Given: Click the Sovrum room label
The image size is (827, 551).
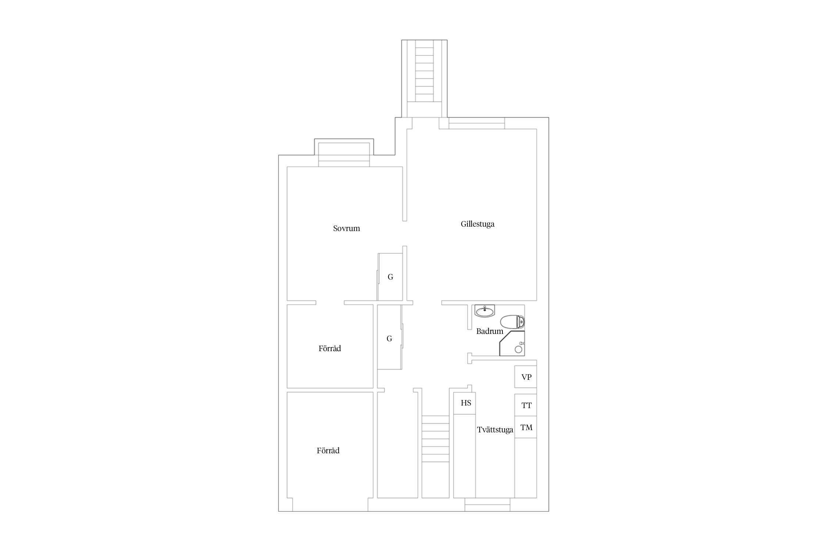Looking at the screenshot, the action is [346, 228].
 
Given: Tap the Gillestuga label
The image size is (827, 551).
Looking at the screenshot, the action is [477, 224].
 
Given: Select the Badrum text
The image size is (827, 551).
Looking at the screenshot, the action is [490, 331].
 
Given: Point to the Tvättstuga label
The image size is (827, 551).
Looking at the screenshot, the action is [495, 430].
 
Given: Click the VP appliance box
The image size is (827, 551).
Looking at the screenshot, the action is [526, 377].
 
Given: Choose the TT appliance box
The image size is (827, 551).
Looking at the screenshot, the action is [526, 405].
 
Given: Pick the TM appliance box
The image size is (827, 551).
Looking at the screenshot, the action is [526, 427].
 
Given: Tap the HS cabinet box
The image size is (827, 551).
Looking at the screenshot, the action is [465, 403].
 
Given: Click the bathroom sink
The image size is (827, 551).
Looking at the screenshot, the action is [484, 311].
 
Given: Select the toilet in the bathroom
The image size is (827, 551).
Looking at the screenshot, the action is [512, 322].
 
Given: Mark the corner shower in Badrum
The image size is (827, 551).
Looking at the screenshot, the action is [512, 343].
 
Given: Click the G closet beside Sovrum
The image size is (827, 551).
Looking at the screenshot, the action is [390, 277].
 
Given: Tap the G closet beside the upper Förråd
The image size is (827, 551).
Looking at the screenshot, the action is [390, 337].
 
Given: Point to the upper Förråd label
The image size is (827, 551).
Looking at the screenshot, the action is [330, 348].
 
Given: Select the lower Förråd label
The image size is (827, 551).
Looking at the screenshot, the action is [328, 451].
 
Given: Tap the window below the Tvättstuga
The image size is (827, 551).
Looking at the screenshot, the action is [487, 505].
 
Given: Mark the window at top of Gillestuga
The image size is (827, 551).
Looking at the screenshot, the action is [477, 123].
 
